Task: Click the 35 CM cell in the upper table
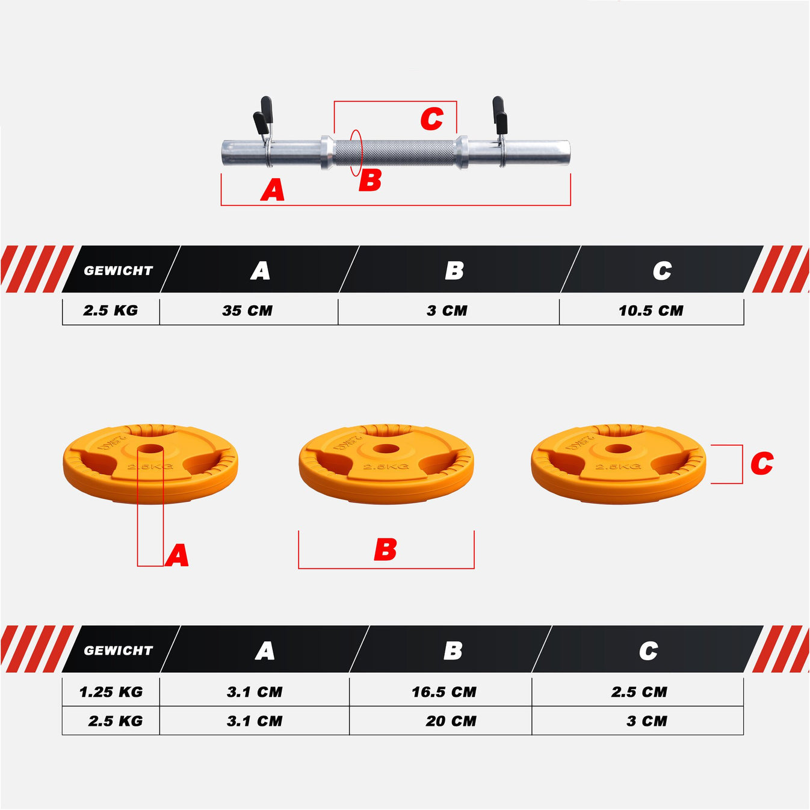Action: pos(247,311)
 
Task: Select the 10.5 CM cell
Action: pos(651,311)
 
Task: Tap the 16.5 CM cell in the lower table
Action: pos(444,692)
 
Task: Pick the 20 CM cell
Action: pos(451,722)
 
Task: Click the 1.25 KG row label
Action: pos(111,692)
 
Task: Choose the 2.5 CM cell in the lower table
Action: pos(639,692)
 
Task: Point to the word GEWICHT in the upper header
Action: pos(118,271)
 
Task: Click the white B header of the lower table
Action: pos(453,651)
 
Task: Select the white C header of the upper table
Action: pos(662,271)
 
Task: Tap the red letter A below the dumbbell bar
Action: pos(273,190)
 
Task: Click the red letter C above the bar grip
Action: pos(431,119)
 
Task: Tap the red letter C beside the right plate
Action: pos(762,463)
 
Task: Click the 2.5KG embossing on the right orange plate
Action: pos(618,467)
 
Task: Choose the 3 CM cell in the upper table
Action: pos(447,311)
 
